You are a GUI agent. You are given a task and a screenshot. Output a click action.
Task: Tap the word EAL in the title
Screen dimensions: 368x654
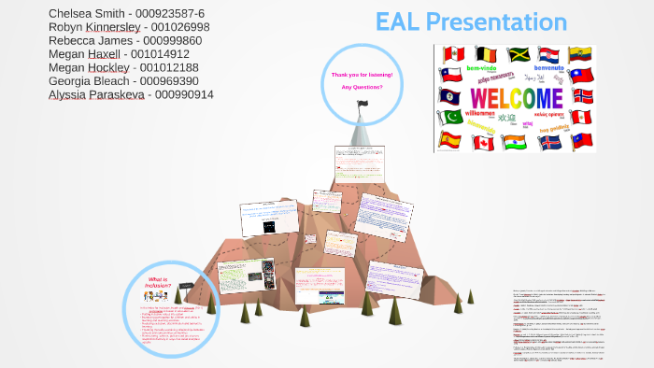coord(396,22)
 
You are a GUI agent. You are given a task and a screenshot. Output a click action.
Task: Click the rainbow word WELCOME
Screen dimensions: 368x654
coord(515,98)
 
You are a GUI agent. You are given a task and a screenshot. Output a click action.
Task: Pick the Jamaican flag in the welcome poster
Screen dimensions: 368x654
coord(519,54)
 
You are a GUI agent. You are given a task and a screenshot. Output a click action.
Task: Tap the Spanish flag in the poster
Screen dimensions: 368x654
coord(449,140)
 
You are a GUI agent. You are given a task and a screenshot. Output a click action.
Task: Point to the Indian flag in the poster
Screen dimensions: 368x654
coord(514,142)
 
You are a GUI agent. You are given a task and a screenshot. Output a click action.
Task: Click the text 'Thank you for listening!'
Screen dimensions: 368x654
coord(362,74)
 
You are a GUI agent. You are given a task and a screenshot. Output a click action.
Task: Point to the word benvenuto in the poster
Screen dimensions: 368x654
coord(547,67)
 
